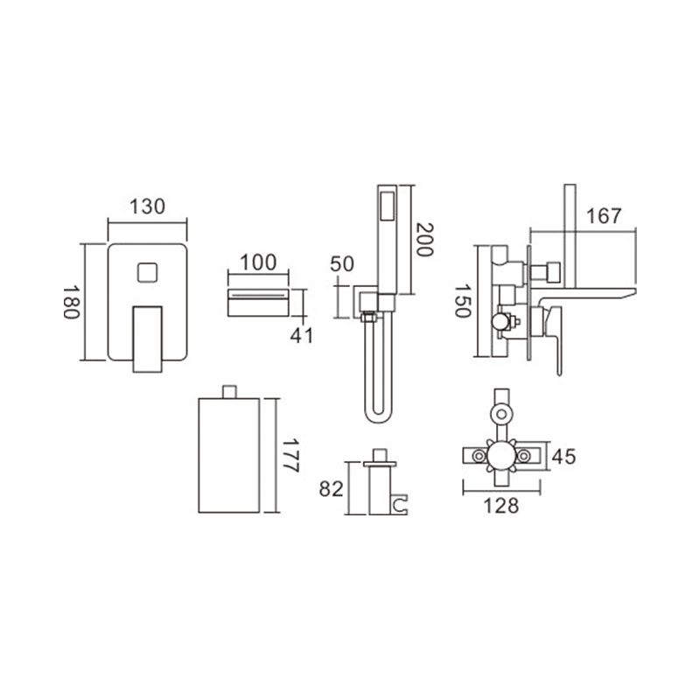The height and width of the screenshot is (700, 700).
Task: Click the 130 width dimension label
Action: point(147,206)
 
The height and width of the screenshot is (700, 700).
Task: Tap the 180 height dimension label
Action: point(71,302)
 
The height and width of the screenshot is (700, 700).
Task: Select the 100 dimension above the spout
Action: point(258,262)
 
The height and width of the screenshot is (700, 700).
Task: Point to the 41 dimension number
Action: point(302,336)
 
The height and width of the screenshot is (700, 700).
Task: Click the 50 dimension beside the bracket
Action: point(341,264)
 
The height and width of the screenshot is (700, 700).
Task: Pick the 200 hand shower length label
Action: point(424,239)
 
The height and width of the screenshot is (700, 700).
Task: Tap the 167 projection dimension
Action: point(604,216)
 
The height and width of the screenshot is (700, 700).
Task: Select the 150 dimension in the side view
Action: point(463,300)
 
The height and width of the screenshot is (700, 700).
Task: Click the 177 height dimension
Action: point(290,455)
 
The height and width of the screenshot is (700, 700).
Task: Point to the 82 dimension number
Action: point(331,489)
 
